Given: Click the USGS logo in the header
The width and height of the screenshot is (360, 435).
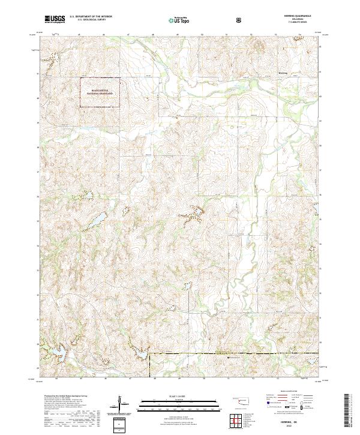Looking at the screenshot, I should click(55, 20).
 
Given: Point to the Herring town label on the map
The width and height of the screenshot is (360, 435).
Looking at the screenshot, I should click(283, 73).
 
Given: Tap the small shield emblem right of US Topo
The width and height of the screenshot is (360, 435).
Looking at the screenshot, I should click(239, 20).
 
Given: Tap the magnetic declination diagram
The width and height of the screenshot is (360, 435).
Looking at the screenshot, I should click(122, 404).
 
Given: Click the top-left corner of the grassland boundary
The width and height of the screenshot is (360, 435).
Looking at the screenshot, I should click(82, 78).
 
